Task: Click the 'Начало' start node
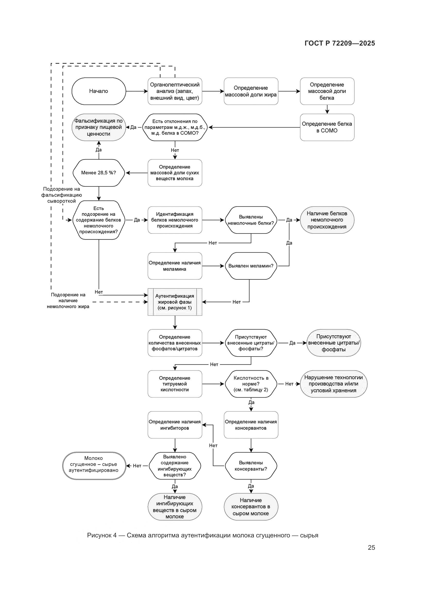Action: coord(99,91)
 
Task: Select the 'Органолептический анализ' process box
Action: coord(175,91)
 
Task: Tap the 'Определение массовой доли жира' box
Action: coord(251,91)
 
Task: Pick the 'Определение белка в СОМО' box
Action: coord(327,127)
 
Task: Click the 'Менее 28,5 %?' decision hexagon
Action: coord(99,173)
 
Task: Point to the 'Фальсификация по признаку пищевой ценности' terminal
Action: coord(99,127)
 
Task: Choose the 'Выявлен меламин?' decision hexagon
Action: coord(251,266)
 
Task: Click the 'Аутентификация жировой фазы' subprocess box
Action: coord(175,302)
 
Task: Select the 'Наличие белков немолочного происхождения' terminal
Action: coord(327,220)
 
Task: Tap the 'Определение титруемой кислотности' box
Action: coord(175,384)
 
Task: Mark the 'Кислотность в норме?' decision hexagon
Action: coord(251,384)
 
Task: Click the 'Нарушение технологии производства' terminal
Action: coord(333,384)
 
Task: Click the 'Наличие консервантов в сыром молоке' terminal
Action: coord(251,507)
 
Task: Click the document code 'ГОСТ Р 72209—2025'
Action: coord(340,43)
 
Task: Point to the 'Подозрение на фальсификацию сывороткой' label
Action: coord(62,195)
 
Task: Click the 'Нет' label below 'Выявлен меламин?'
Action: coord(236,302)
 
